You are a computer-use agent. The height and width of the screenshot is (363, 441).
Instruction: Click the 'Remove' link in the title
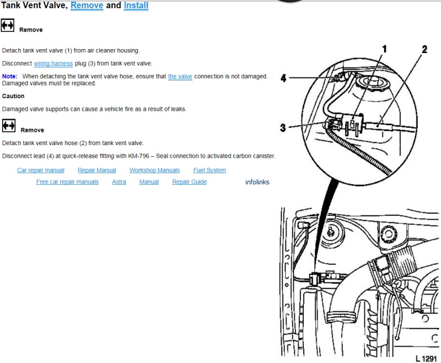(87, 6)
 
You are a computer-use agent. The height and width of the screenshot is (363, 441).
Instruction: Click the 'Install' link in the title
(136, 6)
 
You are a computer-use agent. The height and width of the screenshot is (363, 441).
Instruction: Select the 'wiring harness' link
(53, 63)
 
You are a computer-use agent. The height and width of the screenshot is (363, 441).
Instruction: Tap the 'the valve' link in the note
(180, 76)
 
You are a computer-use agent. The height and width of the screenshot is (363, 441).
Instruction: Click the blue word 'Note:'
(9, 76)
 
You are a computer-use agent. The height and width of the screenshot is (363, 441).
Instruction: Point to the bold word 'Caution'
(13, 96)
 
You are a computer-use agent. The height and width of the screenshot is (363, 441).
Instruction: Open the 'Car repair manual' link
(40, 170)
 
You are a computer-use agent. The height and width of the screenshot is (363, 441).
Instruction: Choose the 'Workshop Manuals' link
(154, 170)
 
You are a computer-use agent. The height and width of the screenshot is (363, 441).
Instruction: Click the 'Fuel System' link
(209, 170)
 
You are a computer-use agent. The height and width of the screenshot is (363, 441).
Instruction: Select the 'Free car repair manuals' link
(67, 182)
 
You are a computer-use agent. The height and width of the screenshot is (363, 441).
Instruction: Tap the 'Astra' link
(119, 182)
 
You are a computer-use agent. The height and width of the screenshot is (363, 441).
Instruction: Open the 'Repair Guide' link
(189, 182)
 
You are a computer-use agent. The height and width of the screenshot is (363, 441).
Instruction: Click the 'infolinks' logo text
(257, 182)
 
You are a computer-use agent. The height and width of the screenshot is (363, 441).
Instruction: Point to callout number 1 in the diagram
(384, 49)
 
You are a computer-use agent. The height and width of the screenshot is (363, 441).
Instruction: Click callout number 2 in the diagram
(424, 50)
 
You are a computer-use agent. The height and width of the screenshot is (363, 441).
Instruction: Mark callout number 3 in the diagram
(283, 128)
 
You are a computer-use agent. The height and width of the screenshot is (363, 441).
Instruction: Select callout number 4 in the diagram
(283, 78)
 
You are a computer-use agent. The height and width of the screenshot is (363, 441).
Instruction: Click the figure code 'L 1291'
(426, 359)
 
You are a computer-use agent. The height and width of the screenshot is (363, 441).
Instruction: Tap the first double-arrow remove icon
(8, 25)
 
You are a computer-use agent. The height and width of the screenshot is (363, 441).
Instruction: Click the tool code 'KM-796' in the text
(139, 156)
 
